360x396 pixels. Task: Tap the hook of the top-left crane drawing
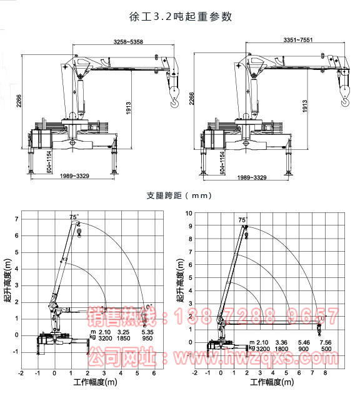point(174,94)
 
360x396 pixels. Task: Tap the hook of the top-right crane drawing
point(344,94)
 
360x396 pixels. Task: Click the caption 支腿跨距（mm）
point(180,195)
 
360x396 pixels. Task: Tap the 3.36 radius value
point(281,342)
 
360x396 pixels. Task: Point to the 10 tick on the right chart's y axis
point(188,214)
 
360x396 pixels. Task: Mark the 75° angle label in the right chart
point(242,220)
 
